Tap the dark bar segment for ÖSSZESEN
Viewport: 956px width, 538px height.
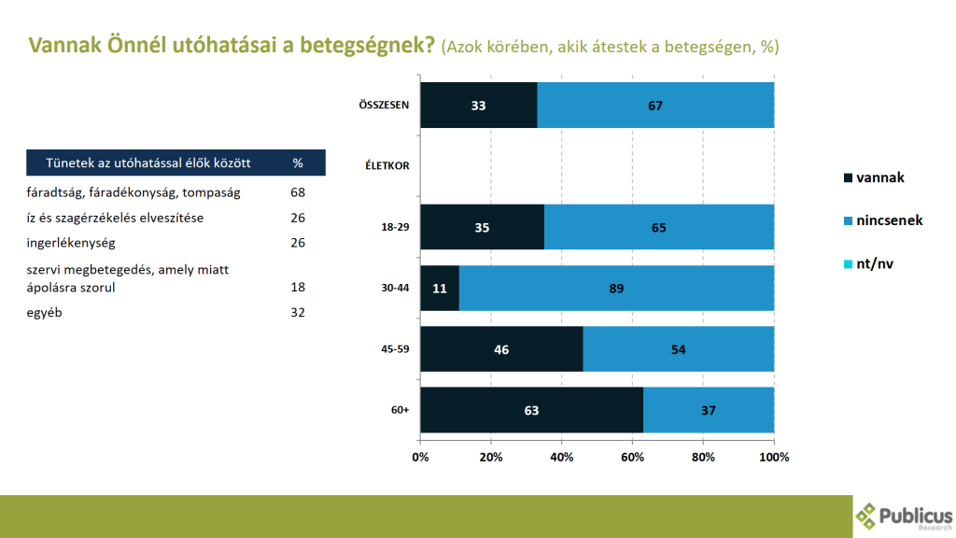(478, 106)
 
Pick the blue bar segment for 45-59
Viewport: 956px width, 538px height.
(679, 349)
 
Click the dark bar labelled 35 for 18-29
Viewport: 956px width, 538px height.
(482, 228)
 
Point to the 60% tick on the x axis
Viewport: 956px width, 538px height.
(632, 457)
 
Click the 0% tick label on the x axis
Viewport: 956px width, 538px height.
(420, 457)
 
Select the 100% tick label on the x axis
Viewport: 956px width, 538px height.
(774, 457)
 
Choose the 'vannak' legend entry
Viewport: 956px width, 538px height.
(874, 177)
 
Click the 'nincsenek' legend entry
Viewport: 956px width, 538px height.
(882, 220)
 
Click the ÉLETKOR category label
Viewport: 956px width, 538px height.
(387, 166)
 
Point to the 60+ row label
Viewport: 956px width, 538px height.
(400, 410)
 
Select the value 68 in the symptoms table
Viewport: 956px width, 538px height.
(298, 193)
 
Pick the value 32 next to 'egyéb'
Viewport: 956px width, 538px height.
(298, 312)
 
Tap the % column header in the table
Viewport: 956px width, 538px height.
(298, 163)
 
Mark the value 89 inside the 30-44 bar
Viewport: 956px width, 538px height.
(616, 289)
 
